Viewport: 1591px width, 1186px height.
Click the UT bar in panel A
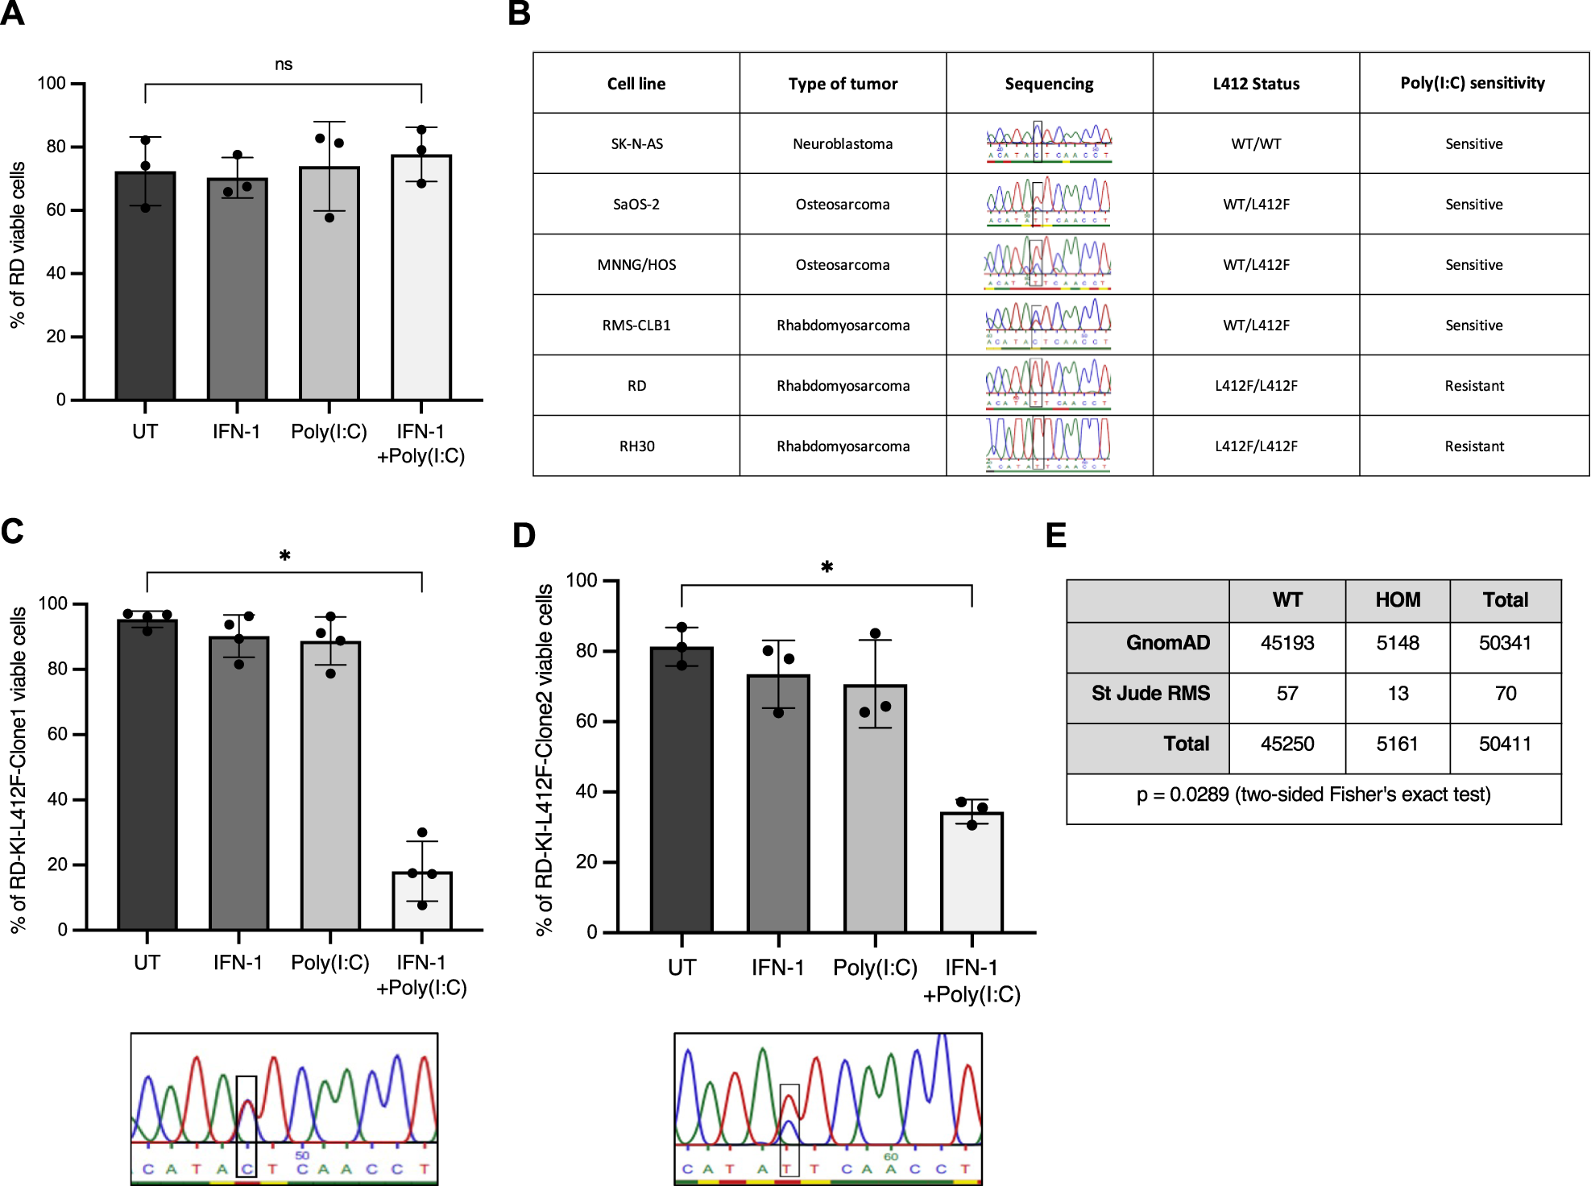[145, 286]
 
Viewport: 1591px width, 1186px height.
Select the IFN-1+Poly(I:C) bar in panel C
[422, 901]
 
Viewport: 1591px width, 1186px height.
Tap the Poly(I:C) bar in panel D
[875, 808]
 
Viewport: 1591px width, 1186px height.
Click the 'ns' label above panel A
[283, 64]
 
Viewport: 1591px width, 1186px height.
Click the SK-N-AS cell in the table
[636, 144]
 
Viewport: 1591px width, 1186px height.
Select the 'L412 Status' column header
[1255, 84]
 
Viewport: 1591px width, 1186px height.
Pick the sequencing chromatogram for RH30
[1048, 445]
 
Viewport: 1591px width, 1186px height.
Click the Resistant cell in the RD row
[1473, 386]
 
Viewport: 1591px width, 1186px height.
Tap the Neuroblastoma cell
[843, 144]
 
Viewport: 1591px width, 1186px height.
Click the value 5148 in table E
[1397, 643]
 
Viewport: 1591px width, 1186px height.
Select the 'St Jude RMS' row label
[1150, 693]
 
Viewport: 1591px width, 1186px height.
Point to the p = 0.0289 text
[1313, 794]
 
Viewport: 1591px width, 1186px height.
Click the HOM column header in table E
[1397, 600]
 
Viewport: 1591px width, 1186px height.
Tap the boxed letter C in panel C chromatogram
[247, 1168]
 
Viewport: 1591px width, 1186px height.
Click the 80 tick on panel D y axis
[586, 651]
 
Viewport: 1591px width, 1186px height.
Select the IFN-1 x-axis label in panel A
[236, 432]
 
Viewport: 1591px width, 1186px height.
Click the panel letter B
[520, 15]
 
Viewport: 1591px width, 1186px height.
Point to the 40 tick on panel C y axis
[57, 799]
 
